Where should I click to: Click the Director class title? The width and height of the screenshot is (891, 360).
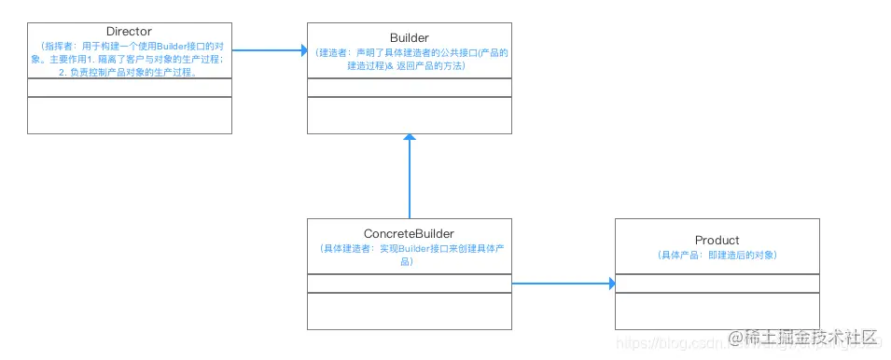coord(129,32)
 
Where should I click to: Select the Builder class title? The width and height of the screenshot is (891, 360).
coord(409,37)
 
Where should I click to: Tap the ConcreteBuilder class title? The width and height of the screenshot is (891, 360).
coord(409,233)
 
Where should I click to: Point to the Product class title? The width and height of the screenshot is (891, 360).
coord(717,241)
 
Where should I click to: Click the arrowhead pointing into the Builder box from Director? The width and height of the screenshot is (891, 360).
coord(302,50)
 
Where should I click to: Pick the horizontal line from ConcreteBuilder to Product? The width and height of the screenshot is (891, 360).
coord(560,283)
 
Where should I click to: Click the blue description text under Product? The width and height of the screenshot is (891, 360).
coord(717,255)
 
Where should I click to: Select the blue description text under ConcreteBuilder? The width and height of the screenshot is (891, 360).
coord(409,255)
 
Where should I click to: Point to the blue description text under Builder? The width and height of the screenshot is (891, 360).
coord(409,60)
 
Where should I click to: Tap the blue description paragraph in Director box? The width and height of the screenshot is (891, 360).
coord(129,58)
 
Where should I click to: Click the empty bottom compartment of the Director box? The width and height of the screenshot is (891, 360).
coord(129,115)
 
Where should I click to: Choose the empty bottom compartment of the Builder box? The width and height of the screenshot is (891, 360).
coord(409,115)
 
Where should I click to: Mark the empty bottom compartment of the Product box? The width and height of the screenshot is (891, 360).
coord(717,311)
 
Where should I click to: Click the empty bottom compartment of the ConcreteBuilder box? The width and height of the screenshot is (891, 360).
coord(409,311)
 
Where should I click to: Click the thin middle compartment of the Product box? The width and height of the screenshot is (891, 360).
coord(717,284)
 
